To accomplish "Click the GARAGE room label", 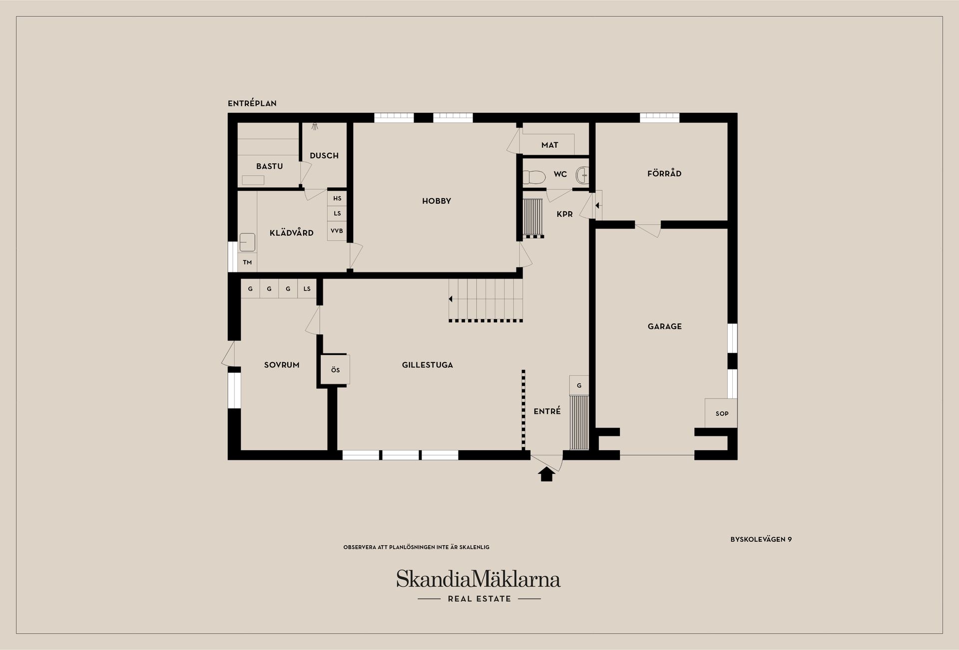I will (x=664, y=326).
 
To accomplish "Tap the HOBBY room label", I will (x=437, y=201).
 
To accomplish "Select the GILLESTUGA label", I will (x=427, y=365).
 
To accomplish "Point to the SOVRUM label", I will (x=282, y=365).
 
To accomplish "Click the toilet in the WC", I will (x=533, y=177).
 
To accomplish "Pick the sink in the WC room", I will (x=582, y=175).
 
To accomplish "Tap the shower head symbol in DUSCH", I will (x=315, y=127).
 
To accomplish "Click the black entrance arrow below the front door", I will (x=547, y=474).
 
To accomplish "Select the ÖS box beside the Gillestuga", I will (x=335, y=370).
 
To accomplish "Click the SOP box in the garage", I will (x=722, y=413).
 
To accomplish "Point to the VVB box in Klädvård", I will (x=337, y=231).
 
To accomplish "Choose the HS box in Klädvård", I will (x=337, y=198).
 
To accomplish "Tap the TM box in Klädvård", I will (x=247, y=262).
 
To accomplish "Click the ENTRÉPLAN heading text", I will (x=252, y=103).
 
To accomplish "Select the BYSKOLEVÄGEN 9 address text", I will (x=761, y=539).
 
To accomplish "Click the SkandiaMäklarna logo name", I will (x=479, y=579).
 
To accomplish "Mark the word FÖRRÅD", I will (x=664, y=174).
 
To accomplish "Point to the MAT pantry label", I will (x=549, y=145).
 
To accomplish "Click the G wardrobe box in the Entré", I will (x=579, y=385).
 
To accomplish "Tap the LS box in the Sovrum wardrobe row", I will (x=307, y=289).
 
